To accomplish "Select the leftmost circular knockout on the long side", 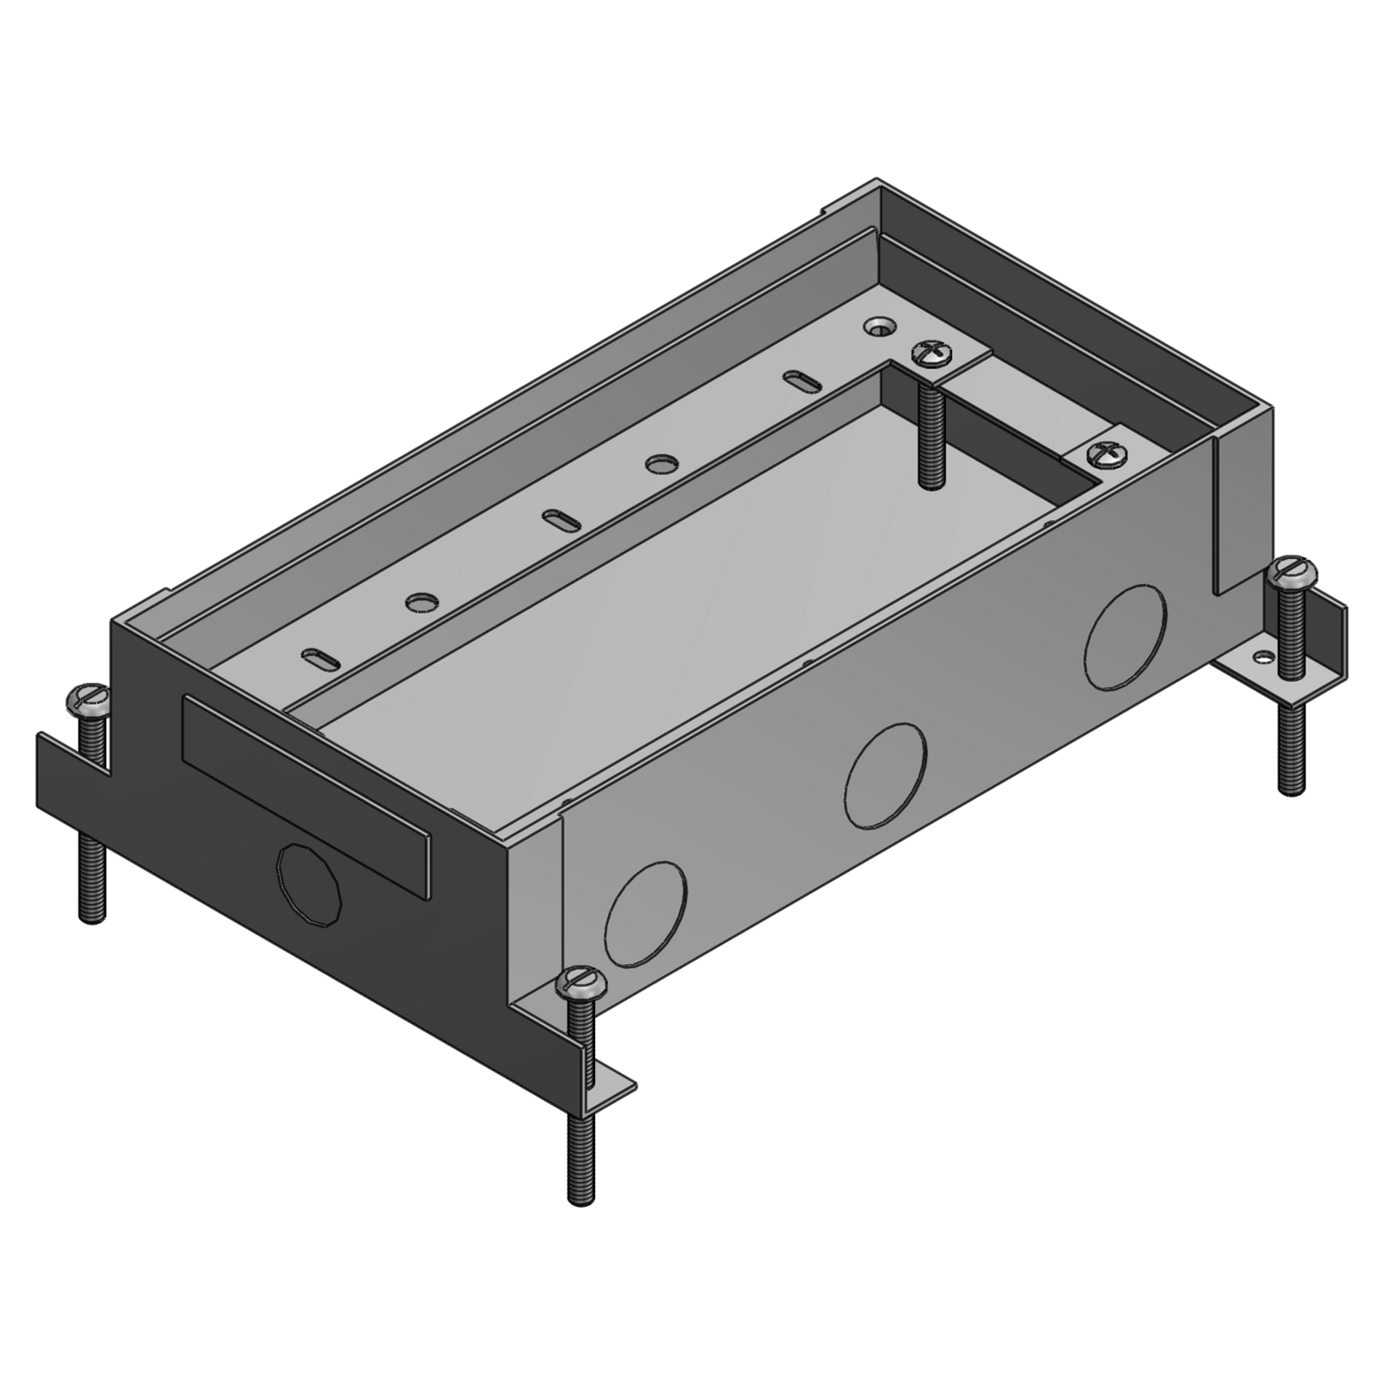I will [x=647, y=913].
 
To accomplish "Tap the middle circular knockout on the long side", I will [x=885, y=774].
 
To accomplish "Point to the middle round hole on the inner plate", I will [x=658, y=464].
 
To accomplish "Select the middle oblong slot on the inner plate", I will [x=558, y=519].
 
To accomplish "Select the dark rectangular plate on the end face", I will [x=307, y=796].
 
